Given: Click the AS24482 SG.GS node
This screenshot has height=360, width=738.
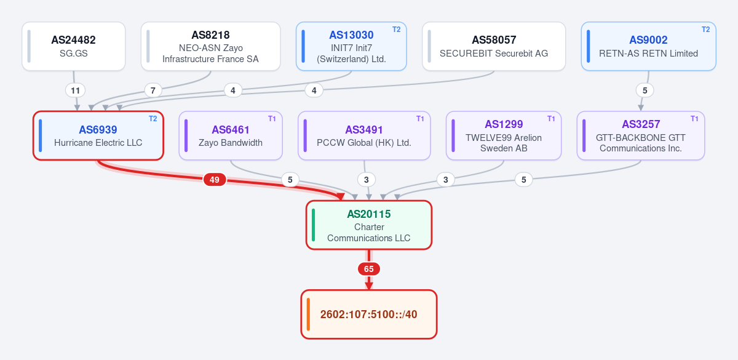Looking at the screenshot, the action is click(73, 46).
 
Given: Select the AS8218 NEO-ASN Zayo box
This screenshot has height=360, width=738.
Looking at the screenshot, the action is click(210, 46).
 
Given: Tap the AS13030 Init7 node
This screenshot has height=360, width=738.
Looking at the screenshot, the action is click(351, 46).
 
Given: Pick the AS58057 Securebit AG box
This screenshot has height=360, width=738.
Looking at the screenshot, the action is click(493, 46).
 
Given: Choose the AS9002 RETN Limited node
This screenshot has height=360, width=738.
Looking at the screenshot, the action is click(648, 46).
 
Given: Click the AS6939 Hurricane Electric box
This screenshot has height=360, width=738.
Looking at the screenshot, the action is click(98, 135).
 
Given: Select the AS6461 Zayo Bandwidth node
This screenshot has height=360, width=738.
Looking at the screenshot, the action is click(231, 135).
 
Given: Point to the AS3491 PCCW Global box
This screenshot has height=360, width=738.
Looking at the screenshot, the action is click(364, 135).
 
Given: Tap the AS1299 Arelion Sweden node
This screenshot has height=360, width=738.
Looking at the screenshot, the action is click(504, 135).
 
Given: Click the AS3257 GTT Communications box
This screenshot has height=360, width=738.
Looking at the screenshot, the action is click(640, 135).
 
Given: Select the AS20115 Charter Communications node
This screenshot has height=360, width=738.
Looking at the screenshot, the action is click(368, 225).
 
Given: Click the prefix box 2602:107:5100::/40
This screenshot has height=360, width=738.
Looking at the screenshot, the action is click(368, 314).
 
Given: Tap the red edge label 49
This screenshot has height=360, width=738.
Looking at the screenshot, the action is click(215, 180).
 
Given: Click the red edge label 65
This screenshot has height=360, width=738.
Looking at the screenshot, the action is click(368, 269).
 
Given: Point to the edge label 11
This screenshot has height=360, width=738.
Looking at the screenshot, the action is click(76, 90).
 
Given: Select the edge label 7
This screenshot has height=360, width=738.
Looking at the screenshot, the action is click(153, 90).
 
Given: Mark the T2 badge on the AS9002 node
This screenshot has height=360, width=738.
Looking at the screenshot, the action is click(706, 30).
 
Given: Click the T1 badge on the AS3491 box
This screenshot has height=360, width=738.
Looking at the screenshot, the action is click(420, 119).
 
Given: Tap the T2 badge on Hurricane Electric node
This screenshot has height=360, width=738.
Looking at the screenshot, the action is click(153, 119).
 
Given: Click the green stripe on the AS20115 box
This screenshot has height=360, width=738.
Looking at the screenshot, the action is click(313, 225).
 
